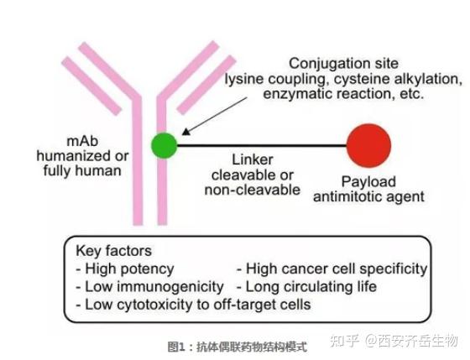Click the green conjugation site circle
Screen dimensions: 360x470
tap(164, 144)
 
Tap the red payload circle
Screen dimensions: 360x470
tap(369, 144)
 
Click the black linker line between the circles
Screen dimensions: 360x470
tap(260, 144)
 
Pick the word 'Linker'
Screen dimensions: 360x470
tap(252, 159)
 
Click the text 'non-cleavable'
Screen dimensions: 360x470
tap(252, 190)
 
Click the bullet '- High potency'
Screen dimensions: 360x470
tap(125, 269)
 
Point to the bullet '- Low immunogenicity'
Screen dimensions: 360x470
tap(149, 286)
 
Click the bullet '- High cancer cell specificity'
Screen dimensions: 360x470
tap(332, 269)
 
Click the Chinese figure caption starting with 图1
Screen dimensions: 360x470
tap(237, 345)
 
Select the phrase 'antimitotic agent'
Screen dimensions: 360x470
tap(370, 197)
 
